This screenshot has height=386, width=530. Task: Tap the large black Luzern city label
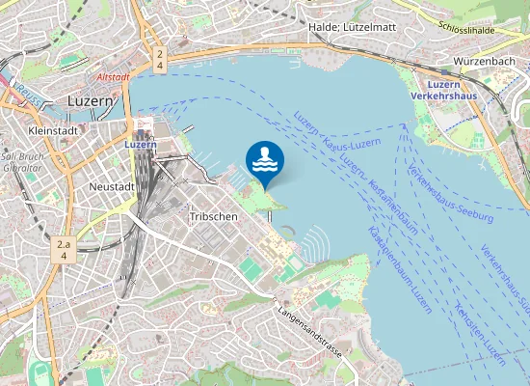93,100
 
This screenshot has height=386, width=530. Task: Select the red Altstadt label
114,75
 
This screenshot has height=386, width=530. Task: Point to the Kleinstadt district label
53,130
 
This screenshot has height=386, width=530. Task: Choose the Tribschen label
213,217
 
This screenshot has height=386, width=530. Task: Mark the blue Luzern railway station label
141,145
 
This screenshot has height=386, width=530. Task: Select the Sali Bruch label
20,154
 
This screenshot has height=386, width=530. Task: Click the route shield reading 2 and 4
159,60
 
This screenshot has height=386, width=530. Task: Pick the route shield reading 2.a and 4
65,249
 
